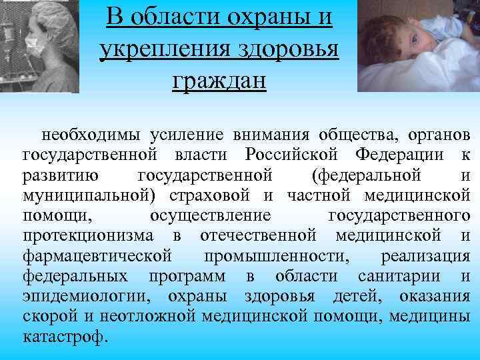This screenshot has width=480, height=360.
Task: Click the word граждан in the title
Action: point(219,81)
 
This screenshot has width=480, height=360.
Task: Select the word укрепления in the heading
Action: point(173,49)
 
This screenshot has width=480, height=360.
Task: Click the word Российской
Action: point(293,155)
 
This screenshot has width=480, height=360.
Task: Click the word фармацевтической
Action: point(98,255)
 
